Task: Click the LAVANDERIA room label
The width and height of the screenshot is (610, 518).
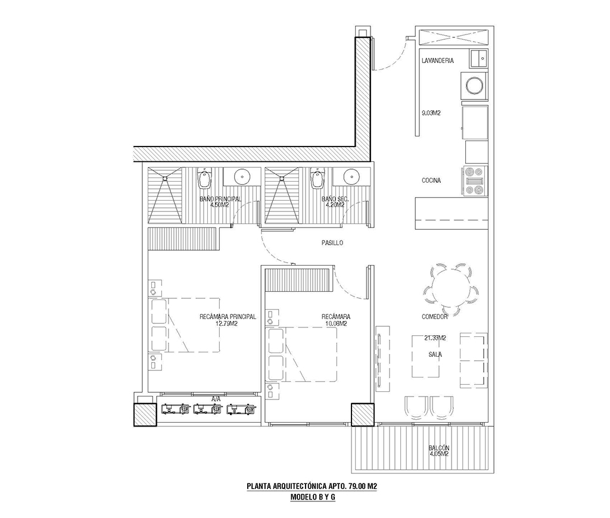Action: tap(438, 61)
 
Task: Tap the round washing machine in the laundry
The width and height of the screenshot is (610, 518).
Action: tap(474, 85)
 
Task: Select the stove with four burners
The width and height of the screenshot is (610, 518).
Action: tap(475, 180)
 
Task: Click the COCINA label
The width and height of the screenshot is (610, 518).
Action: tap(431, 180)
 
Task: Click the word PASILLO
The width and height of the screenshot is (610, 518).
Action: tap(332, 243)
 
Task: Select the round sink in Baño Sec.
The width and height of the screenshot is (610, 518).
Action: tap(352, 176)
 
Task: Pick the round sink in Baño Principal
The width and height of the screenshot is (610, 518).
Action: tap(243, 176)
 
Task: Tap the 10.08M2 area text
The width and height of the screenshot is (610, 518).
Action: tap(335, 323)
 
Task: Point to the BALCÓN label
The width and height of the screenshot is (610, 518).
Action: tap(439, 448)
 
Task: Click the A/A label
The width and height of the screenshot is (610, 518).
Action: tap(216, 398)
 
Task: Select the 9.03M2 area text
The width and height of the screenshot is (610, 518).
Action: tap(431, 113)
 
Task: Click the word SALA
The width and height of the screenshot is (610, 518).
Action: tap(435, 355)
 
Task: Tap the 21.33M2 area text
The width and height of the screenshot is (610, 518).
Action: tap(435, 338)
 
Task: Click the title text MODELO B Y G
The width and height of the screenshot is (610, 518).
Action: tap(313, 497)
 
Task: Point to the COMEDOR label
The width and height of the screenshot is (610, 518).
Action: tap(434, 317)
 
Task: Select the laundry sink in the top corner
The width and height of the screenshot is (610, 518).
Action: tap(479, 58)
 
